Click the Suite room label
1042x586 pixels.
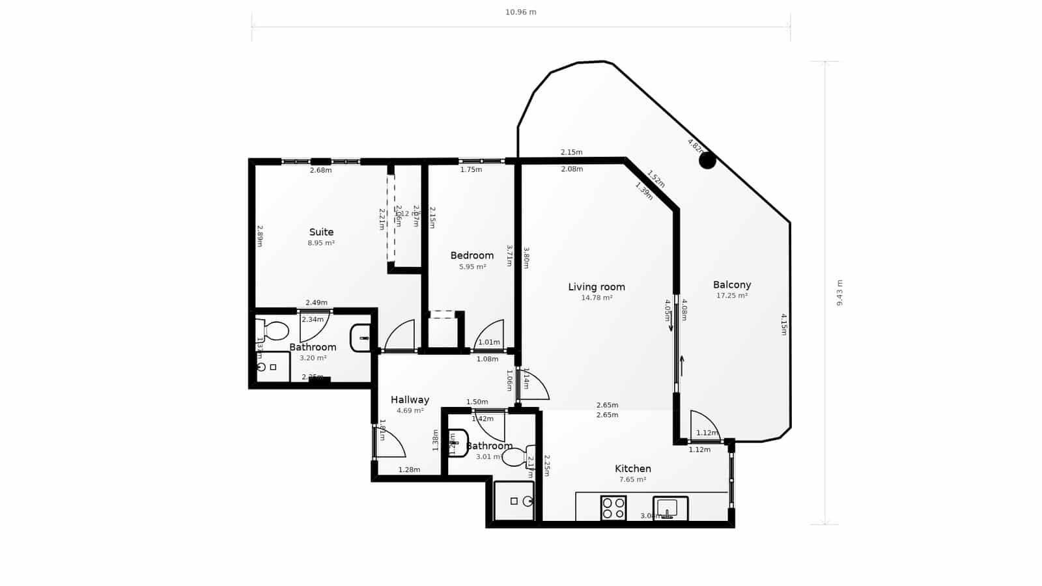[321, 232]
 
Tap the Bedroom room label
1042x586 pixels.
[472, 255]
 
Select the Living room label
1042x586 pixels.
[596, 286]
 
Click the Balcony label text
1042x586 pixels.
[731, 285]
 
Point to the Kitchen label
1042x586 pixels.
[632, 468]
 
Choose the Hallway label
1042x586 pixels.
[410, 400]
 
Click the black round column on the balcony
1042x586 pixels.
[707, 160]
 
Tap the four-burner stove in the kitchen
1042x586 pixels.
[613, 508]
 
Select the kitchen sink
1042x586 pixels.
[669, 508]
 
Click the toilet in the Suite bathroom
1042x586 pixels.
[275, 331]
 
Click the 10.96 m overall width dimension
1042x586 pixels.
[521, 12]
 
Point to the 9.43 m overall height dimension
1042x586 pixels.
[839, 293]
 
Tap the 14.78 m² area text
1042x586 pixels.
[596, 298]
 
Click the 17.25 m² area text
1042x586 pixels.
[731, 296]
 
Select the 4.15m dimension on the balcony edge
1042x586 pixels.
[784, 324]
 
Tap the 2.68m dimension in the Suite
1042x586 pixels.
[320, 171]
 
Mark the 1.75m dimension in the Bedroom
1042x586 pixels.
[471, 170]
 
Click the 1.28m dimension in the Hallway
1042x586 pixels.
[409, 469]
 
